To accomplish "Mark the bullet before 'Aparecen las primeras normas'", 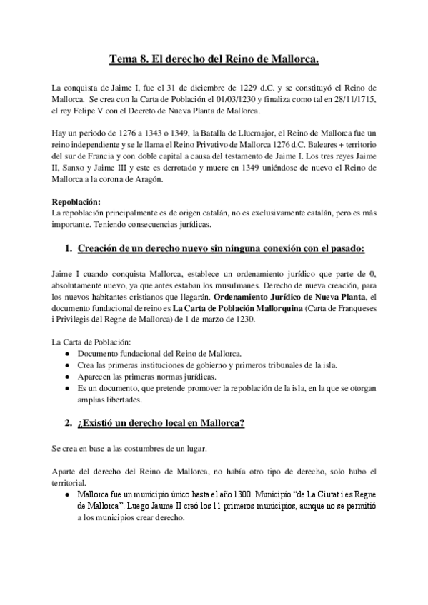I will tap(67, 377).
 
